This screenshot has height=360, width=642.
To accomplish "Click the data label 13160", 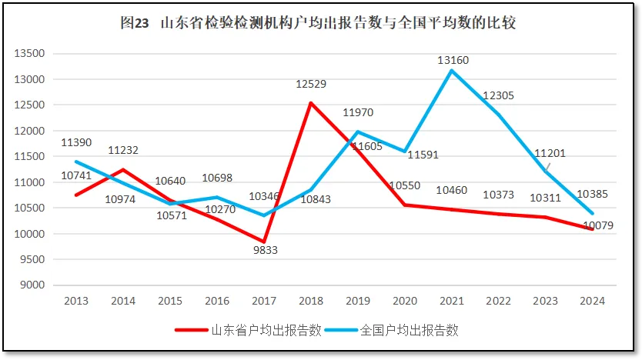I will point(453,60).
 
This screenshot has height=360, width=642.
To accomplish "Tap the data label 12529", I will point(311,84).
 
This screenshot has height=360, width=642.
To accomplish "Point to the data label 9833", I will point(266,250).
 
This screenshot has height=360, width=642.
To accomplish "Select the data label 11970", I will point(358,114).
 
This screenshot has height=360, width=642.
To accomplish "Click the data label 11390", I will point(75,143).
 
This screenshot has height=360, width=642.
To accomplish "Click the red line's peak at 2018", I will point(310,103).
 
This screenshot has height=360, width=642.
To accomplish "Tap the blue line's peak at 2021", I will point(451,71).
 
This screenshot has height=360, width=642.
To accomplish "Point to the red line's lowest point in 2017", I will point(264,242).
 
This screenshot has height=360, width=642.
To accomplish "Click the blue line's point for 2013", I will point(75,162).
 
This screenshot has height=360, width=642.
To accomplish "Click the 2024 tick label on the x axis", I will point(593,300).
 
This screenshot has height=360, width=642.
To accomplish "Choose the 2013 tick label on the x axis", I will point(75,300).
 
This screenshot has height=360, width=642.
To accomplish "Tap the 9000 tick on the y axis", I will point(34,285).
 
